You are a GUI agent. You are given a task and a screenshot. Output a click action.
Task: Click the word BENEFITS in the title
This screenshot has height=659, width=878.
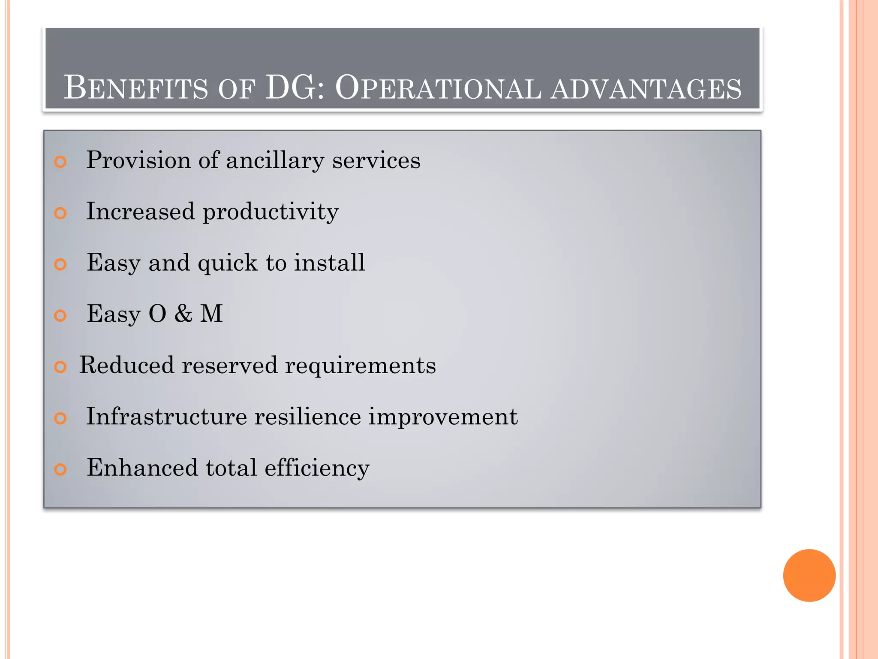[x=135, y=88]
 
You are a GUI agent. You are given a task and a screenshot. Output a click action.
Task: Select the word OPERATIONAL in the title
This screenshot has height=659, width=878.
[x=438, y=88]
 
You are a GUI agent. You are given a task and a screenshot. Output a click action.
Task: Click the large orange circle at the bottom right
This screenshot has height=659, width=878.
[x=809, y=575]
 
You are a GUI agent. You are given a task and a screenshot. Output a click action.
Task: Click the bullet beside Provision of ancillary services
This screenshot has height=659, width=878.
[x=60, y=162]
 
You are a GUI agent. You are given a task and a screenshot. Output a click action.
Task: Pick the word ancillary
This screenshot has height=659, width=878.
[x=275, y=161]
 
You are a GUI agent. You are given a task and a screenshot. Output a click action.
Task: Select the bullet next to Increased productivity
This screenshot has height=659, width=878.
[x=60, y=213]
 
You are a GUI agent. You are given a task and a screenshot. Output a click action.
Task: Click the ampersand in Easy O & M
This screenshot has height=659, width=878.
[x=183, y=314]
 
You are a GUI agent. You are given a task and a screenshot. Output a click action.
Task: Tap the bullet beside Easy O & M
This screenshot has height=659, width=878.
[x=60, y=316]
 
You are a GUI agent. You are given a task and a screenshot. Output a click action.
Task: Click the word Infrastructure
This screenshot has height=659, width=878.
[x=166, y=416]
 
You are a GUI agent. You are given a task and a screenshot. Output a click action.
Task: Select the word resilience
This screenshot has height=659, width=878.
[x=308, y=416]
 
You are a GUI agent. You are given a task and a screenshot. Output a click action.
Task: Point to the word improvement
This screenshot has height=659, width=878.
[x=443, y=417]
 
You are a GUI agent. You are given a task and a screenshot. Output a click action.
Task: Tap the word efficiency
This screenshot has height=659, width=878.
[x=317, y=468]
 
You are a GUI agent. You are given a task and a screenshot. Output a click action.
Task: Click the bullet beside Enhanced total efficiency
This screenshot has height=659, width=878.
[x=60, y=469]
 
